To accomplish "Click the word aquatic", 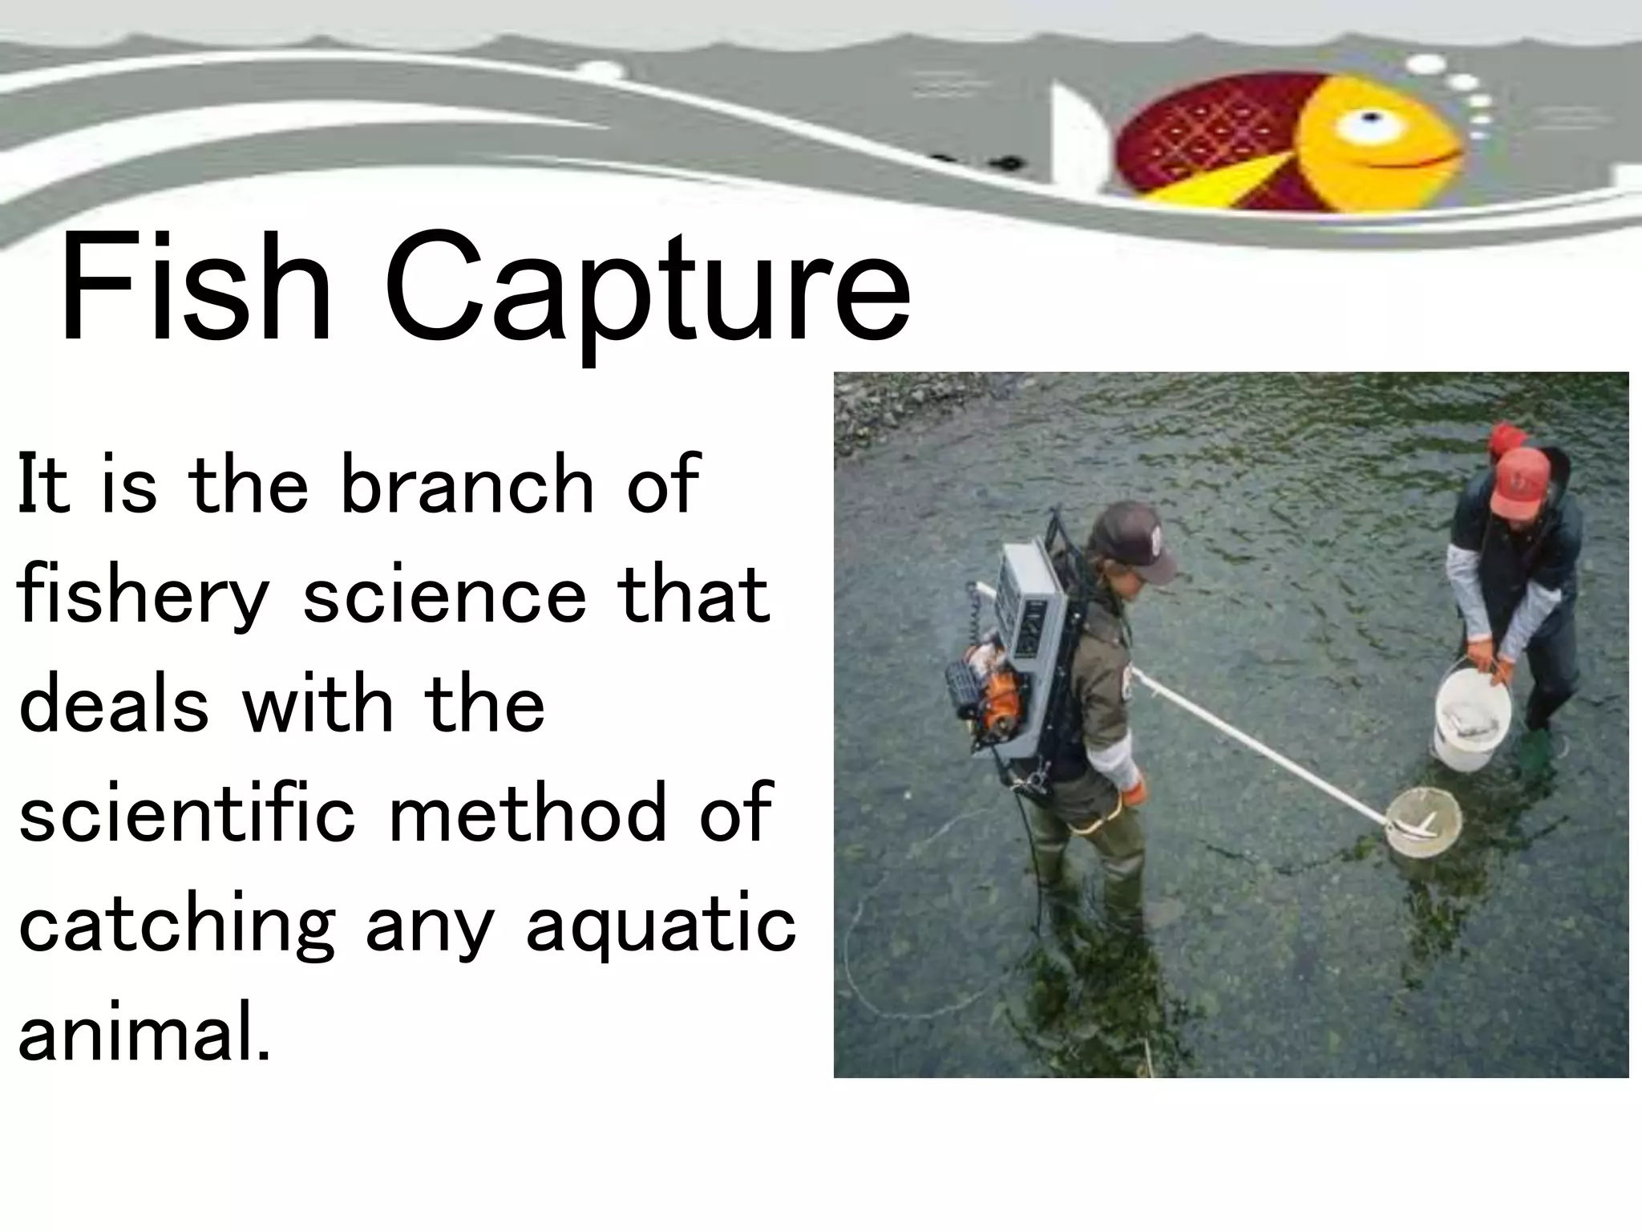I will [x=661, y=927].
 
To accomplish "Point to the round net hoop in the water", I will [x=1423, y=821].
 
